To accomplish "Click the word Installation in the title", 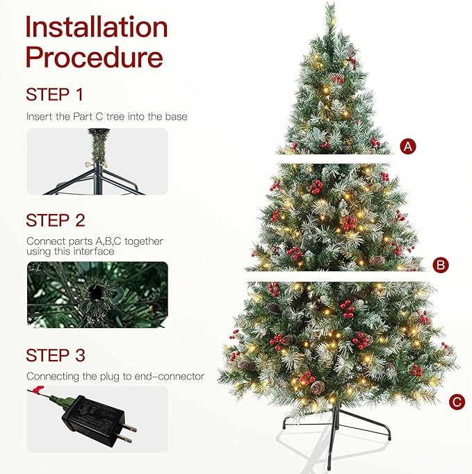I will [97, 28].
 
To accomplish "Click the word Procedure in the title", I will [94, 57].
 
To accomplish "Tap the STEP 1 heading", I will [55, 95].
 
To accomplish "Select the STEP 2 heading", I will [56, 221].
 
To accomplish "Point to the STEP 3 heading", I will [56, 356].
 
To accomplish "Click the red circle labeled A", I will [409, 146].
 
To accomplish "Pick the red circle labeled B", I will [440, 265].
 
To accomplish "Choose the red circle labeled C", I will [456, 401].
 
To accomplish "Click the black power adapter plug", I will [91, 416].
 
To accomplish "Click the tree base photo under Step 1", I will [97, 161].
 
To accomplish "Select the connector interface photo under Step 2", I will [97, 294].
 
